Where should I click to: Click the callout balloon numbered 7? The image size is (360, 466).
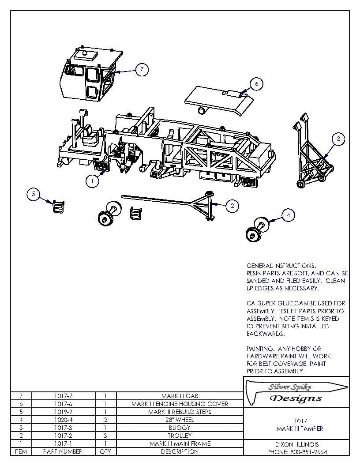click(141, 70)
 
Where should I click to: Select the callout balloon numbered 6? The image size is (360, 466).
click(256, 83)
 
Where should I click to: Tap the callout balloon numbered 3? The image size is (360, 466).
click(338, 139)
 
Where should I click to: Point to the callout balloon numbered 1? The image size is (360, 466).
click(92, 181)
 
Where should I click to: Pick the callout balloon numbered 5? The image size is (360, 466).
click(33, 194)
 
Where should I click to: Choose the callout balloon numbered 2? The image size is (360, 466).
click(232, 205)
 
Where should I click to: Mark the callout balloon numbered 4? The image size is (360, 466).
click(288, 215)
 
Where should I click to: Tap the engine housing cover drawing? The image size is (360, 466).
click(218, 99)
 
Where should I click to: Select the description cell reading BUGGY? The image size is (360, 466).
click(180, 428)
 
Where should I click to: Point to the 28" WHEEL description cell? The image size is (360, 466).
click(180, 420)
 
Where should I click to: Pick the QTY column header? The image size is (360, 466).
click(105, 451)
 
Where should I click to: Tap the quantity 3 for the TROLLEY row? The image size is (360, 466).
click(105, 436)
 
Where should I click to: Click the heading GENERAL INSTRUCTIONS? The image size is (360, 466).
click(281, 266)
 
